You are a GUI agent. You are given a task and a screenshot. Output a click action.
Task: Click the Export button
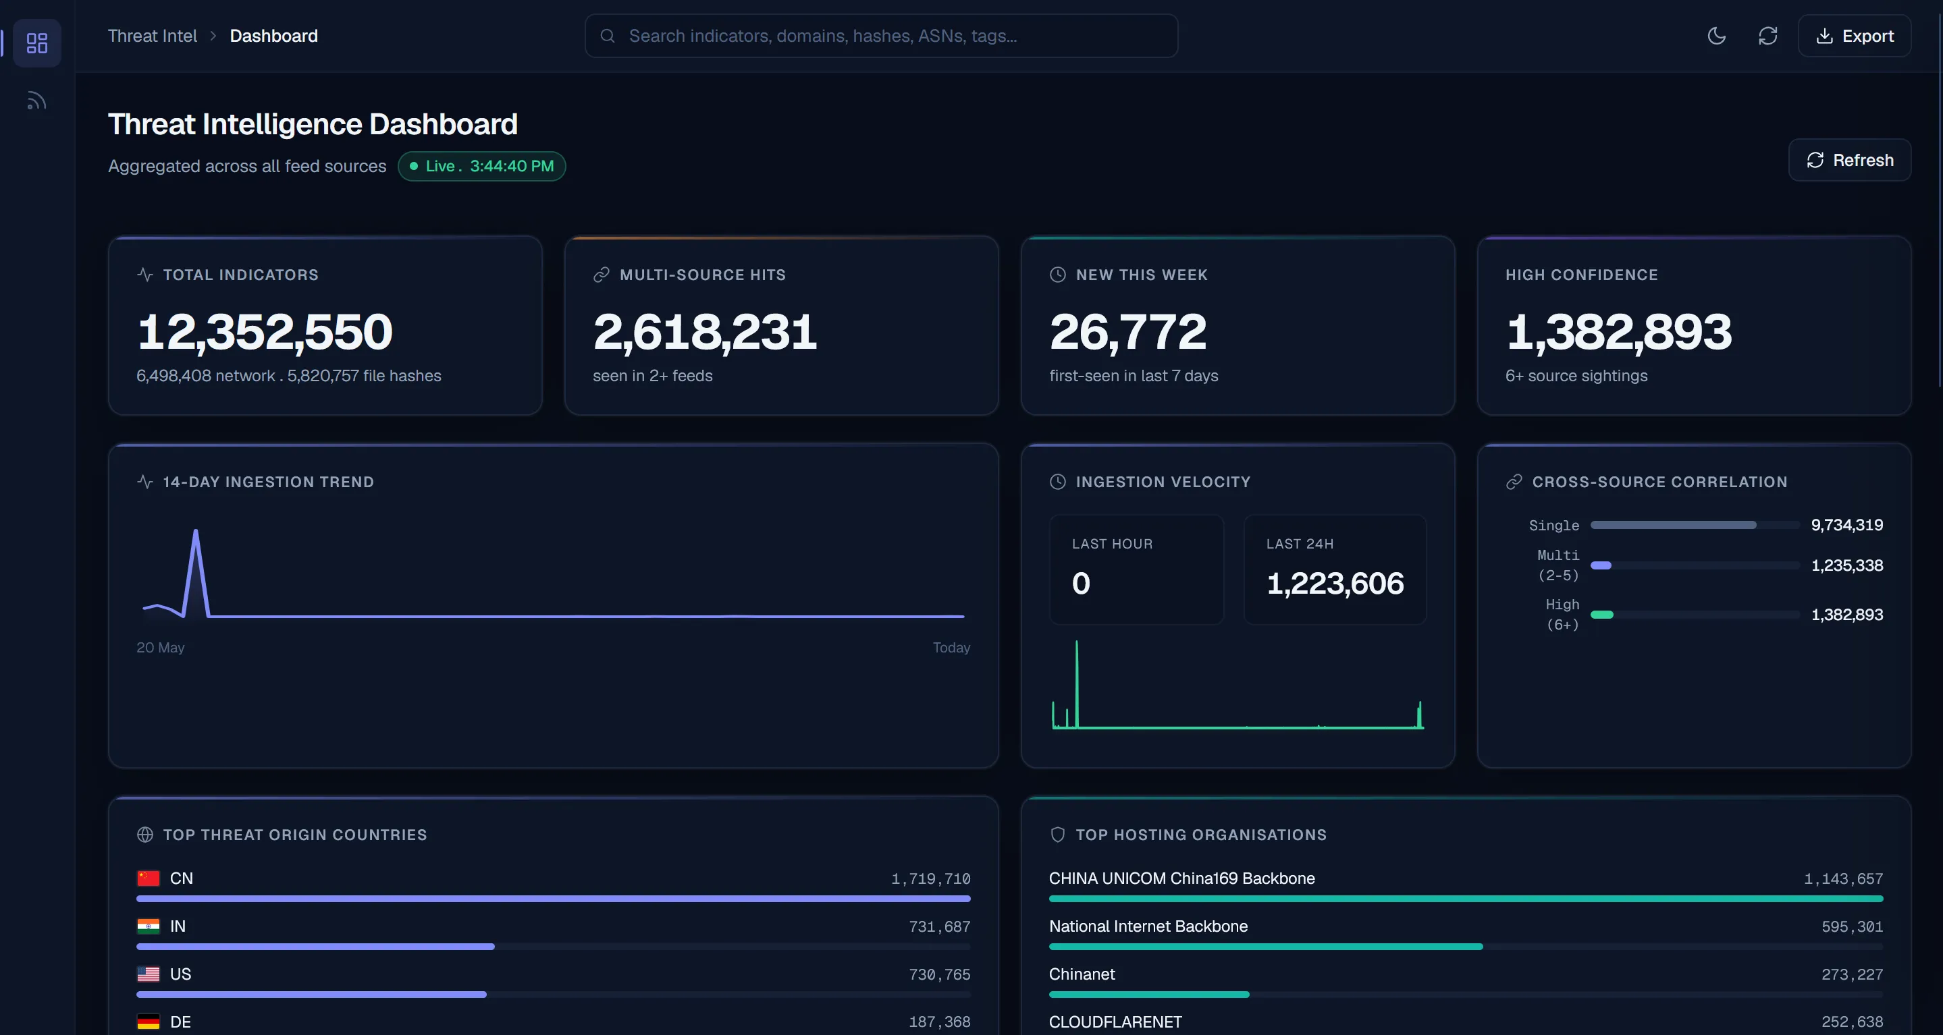point(1854,36)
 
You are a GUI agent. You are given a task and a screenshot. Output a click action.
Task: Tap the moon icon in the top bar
point(1717,36)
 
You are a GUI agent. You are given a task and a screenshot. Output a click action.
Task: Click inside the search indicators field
point(881,36)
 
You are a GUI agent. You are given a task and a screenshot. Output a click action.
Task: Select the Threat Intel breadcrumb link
point(153,36)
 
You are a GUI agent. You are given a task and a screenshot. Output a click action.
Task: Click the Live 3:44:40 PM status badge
point(482,166)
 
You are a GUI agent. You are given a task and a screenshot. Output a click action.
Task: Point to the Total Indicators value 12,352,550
point(265,332)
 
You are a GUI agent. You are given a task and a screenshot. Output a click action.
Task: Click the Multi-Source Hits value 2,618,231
point(706,332)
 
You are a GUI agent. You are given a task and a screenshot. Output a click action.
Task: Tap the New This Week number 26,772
point(1128,332)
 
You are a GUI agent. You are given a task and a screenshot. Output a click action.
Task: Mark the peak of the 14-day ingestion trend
point(196,531)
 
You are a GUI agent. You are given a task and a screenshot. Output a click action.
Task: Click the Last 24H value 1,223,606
point(1335,584)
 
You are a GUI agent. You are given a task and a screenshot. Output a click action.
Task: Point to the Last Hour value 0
point(1081,584)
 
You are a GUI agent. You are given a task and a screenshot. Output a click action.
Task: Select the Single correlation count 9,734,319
point(1847,525)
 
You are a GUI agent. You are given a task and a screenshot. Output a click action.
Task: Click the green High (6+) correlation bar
point(1602,615)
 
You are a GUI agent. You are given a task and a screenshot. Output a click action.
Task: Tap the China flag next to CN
point(149,878)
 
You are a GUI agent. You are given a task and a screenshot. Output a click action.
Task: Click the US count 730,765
point(940,975)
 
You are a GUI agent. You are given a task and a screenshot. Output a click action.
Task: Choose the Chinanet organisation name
point(1082,974)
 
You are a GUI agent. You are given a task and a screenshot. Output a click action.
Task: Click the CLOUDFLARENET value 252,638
point(1853,1022)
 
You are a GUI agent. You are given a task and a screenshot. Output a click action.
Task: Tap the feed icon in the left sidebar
point(36,101)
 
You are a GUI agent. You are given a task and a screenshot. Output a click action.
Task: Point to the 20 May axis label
point(160,648)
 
